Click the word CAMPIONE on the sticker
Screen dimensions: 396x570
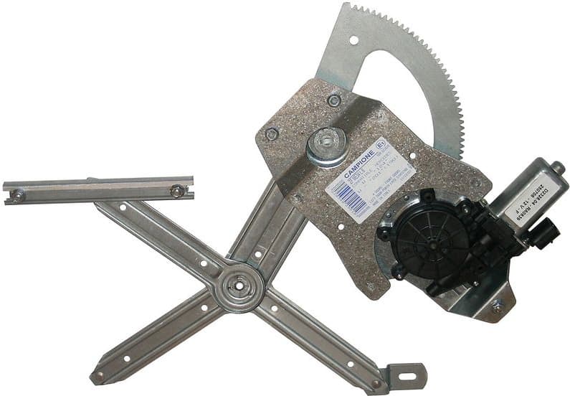tap(357, 164)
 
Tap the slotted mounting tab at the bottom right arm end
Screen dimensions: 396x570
tap(407, 374)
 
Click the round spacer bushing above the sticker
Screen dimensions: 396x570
tap(326, 145)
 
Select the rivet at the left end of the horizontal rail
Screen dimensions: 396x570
tap(17, 194)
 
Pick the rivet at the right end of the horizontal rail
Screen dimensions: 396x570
tap(176, 191)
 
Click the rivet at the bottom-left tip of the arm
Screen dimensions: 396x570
tap(99, 375)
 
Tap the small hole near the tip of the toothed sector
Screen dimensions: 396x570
tap(351, 39)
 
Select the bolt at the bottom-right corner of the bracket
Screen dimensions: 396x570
tap(496, 306)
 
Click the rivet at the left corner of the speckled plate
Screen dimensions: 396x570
tap(272, 134)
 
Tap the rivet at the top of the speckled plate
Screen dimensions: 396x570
tap(333, 100)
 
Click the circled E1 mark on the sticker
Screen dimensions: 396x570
tap(381, 143)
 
